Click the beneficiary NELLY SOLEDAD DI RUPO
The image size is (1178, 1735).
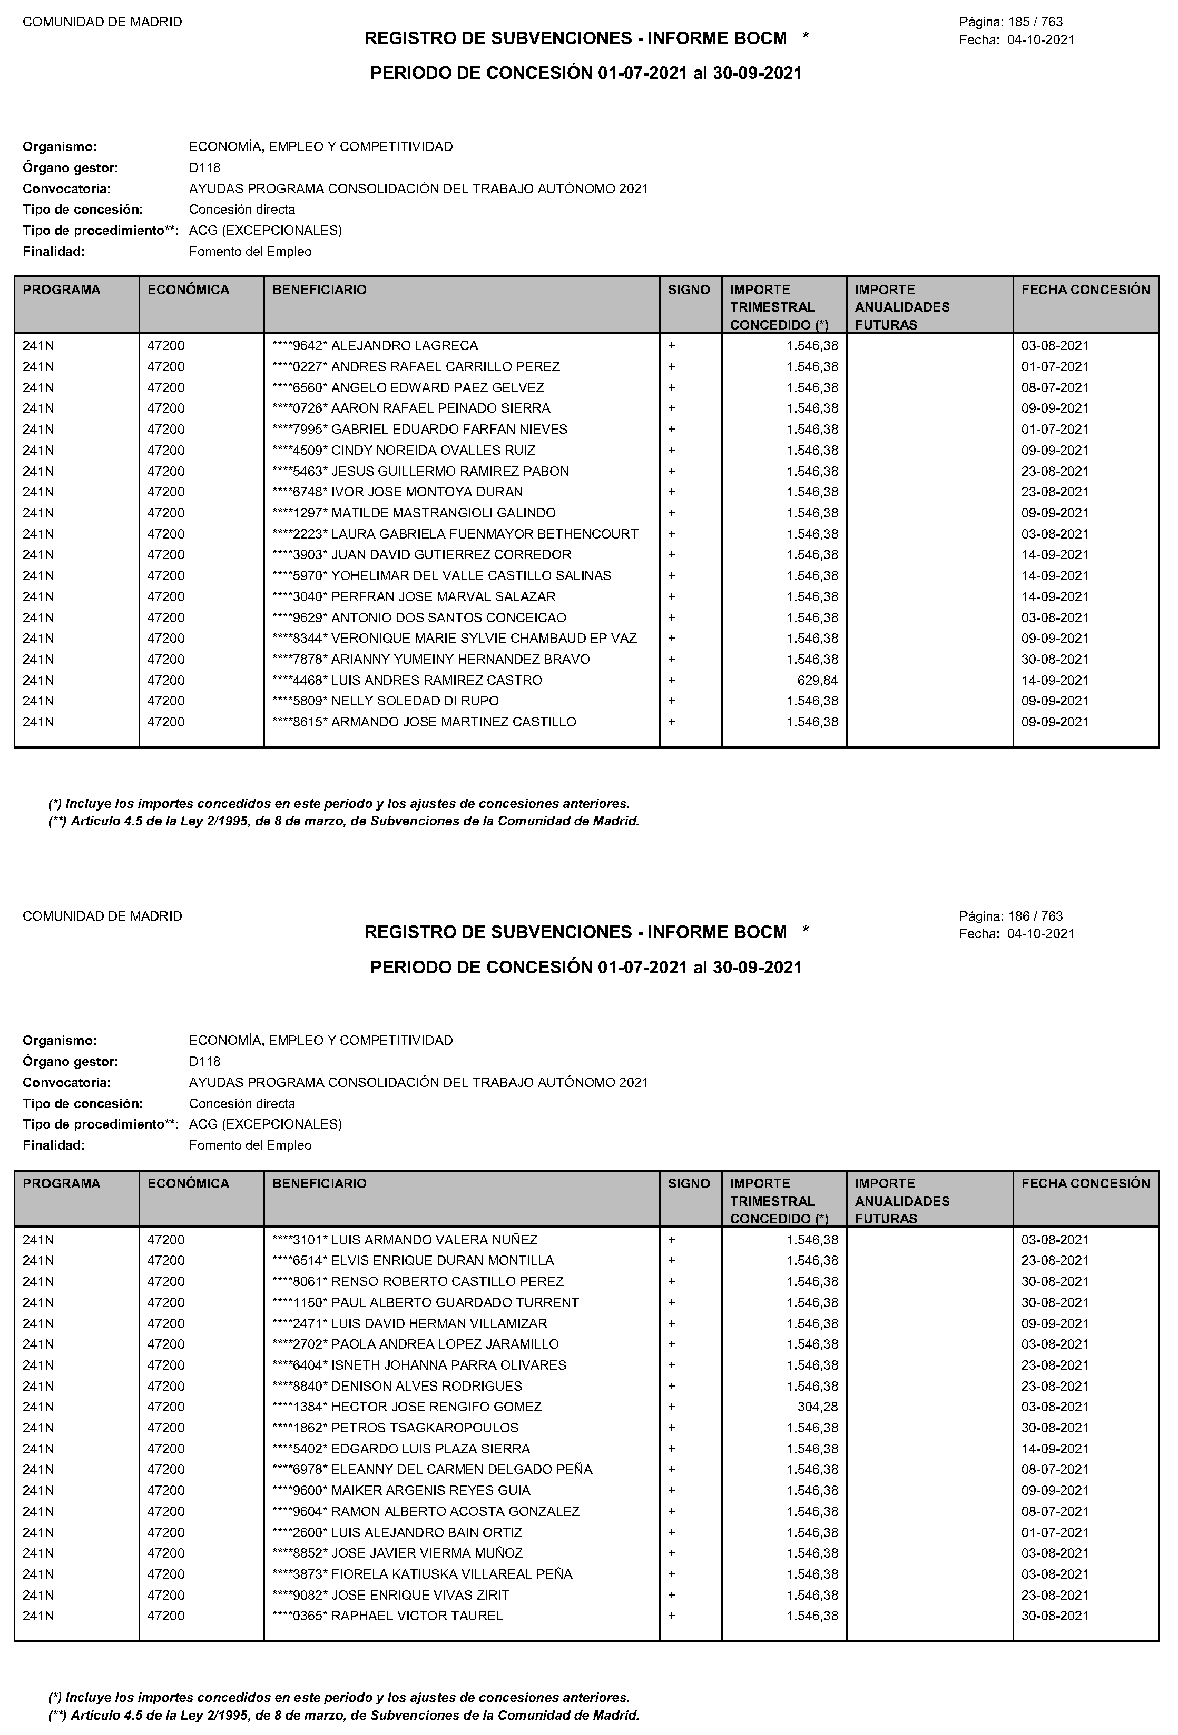pos(415,701)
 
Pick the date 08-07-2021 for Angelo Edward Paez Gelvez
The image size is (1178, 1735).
pos(1055,387)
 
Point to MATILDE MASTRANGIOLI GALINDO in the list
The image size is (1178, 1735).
pos(443,513)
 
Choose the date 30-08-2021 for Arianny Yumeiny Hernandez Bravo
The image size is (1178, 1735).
pos(1055,659)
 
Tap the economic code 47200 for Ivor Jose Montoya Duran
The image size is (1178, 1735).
pos(166,492)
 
